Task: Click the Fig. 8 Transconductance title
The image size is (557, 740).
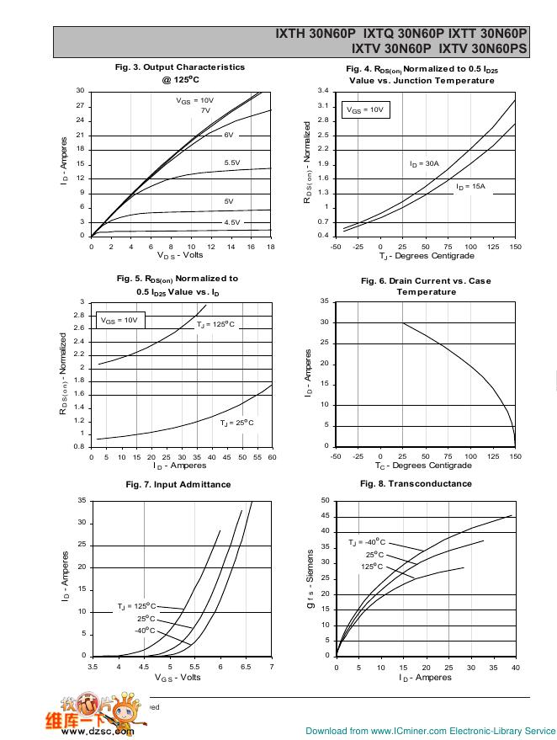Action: (416, 483)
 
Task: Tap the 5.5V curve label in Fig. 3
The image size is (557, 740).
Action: (232, 162)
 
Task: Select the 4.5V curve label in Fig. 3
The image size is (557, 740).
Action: (232, 222)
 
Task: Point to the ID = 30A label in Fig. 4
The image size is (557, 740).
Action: (425, 163)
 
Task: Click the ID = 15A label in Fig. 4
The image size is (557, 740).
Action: (471, 187)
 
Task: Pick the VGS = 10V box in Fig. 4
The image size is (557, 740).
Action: (365, 109)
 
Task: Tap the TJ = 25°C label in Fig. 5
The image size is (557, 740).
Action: (236, 423)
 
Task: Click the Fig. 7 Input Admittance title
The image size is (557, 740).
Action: (178, 484)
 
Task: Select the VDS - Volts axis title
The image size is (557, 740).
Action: (180, 255)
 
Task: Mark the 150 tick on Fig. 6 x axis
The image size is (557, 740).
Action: (515, 455)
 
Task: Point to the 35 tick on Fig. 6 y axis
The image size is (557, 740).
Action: (326, 301)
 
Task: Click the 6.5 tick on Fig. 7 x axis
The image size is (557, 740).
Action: (246, 666)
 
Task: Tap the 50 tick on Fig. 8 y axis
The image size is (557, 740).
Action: (326, 501)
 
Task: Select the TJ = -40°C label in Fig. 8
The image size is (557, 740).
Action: (367, 542)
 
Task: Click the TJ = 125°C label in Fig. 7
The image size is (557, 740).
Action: (136, 606)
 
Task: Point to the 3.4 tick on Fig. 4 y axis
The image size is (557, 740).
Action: (323, 91)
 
